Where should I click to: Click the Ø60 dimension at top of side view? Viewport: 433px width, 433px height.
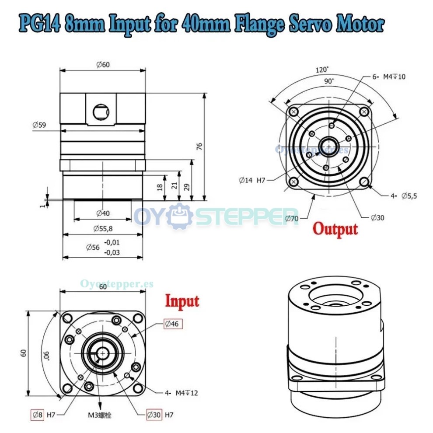[x=103, y=65]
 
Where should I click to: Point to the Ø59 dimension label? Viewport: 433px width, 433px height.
[x=40, y=124]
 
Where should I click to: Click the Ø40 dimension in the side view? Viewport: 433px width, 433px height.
[x=103, y=213]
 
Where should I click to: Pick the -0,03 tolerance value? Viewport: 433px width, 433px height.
[x=112, y=252]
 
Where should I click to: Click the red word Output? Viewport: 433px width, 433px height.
[x=335, y=229]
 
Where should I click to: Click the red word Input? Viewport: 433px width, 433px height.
[x=182, y=301]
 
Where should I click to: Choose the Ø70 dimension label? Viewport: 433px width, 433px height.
[x=291, y=217]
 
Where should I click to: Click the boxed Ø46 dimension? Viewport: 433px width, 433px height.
[x=173, y=324]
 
